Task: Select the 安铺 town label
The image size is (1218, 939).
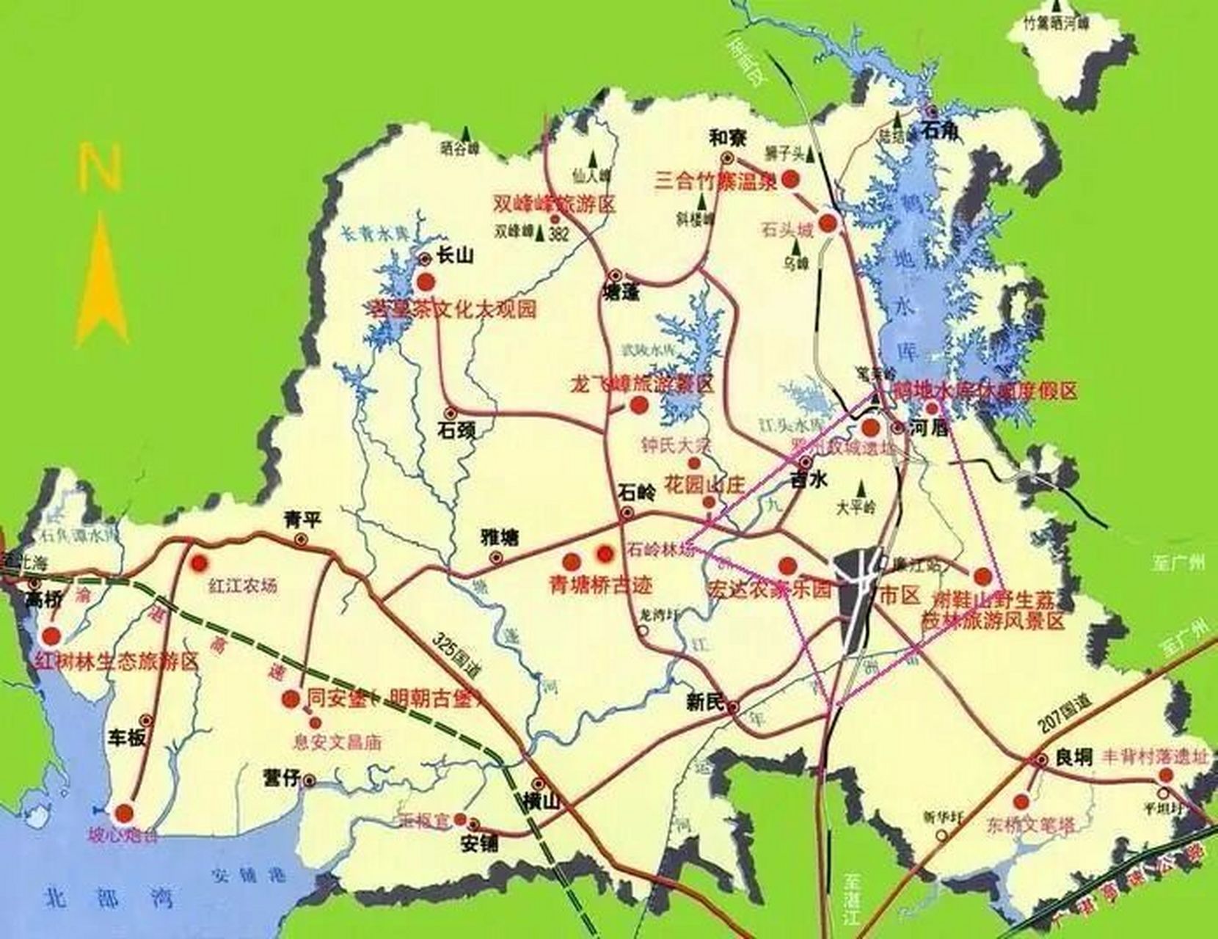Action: tap(480, 843)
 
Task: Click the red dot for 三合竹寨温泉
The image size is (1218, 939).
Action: tap(790, 179)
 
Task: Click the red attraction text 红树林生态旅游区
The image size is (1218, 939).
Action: tap(117, 662)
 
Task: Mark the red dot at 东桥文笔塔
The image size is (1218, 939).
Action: tap(1021, 801)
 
